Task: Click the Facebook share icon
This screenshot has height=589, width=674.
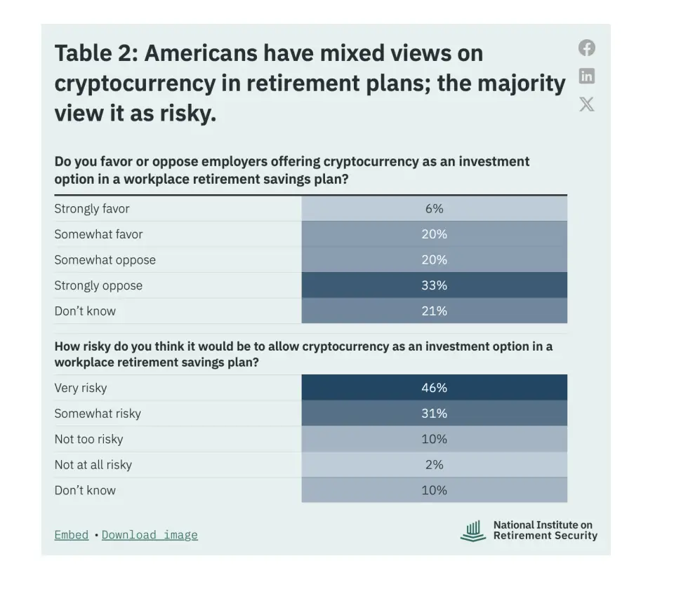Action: pyautogui.click(x=586, y=48)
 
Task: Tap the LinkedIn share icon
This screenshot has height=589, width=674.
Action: pyautogui.click(x=586, y=76)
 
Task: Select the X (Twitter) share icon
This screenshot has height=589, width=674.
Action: pyautogui.click(x=586, y=104)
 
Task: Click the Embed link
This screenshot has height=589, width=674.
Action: pyautogui.click(x=72, y=535)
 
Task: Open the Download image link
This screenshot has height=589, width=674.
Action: pyautogui.click(x=150, y=535)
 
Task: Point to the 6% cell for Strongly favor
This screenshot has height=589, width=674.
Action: pyautogui.click(x=434, y=209)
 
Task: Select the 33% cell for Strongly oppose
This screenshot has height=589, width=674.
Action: pyautogui.click(x=434, y=285)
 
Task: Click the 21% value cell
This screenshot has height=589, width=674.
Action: pyautogui.click(x=434, y=311)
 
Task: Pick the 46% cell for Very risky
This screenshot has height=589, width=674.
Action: pyautogui.click(x=434, y=388)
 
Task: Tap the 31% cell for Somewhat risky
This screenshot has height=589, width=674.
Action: pyautogui.click(x=434, y=414)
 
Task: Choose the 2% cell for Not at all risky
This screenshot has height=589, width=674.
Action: pyautogui.click(x=434, y=464)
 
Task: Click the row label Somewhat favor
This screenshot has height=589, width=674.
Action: pyautogui.click(x=98, y=234)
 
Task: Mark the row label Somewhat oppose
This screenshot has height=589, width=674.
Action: pyautogui.click(x=105, y=260)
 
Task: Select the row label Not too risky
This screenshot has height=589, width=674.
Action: pyautogui.click(x=88, y=439)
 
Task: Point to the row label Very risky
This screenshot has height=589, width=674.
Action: pyautogui.click(x=80, y=388)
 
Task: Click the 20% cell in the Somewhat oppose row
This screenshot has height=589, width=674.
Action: pyautogui.click(x=434, y=259)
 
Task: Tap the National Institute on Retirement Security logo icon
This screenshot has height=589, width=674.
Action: pyautogui.click(x=473, y=531)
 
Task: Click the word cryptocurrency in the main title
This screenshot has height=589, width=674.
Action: pyautogui.click(x=135, y=83)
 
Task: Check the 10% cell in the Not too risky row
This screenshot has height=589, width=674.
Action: pyautogui.click(x=434, y=439)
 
